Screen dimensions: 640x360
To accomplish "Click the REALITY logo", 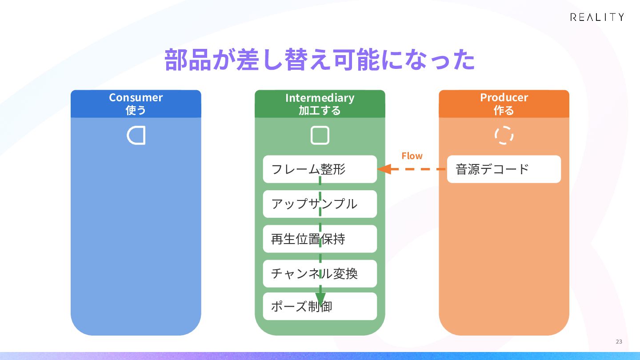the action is pyautogui.click(x=597, y=17).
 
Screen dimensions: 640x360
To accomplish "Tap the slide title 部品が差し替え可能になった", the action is pyautogui.click(x=320, y=60).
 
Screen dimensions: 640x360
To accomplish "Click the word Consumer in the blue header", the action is pyautogui.click(x=136, y=97).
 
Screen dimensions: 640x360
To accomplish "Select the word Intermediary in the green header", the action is pyautogui.click(x=320, y=98).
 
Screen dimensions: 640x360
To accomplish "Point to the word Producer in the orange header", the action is pyautogui.click(x=504, y=97).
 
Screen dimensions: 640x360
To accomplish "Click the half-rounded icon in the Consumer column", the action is pyautogui.click(x=128, y=136).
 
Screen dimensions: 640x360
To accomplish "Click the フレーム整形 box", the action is pyautogui.click(x=320, y=169).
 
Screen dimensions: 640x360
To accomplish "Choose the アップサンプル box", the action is pyautogui.click(x=320, y=204).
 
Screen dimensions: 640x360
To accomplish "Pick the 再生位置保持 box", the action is pyautogui.click(x=320, y=239).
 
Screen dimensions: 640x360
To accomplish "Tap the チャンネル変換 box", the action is pyautogui.click(x=320, y=274).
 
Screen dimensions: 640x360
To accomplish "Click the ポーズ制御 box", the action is pyautogui.click(x=320, y=306).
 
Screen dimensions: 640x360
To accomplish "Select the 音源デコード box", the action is pyautogui.click(x=504, y=169).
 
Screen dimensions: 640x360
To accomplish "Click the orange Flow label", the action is pyautogui.click(x=412, y=156).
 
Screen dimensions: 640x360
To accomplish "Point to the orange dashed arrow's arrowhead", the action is pyautogui.click(x=384, y=169).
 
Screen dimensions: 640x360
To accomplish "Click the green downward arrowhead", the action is pyautogui.click(x=320, y=299).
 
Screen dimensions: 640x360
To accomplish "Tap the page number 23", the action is pyautogui.click(x=619, y=342).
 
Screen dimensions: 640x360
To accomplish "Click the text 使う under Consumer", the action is pyautogui.click(x=136, y=110).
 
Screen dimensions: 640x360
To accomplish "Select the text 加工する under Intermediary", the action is pyautogui.click(x=320, y=111).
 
